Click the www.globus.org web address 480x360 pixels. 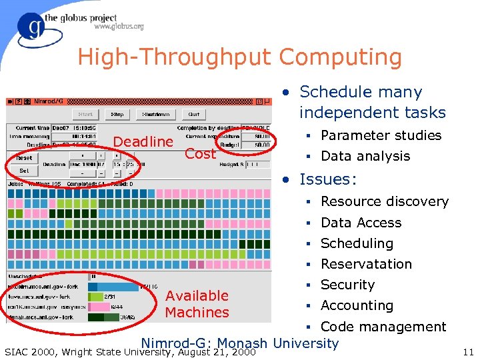(119, 27)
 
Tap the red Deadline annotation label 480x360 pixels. (143, 141)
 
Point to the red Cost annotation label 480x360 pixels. (200, 154)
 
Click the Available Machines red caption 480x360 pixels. (197, 304)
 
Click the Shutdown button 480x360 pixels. (156, 114)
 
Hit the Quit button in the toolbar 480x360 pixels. (193, 114)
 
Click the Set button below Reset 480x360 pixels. (23, 171)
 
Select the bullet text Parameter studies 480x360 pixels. (381, 135)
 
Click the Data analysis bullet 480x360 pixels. (365, 156)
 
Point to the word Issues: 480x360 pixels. (328, 179)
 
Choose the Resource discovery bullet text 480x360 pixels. (384, 201)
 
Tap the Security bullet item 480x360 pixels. (347, 285)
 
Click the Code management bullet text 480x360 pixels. (383, 327)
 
